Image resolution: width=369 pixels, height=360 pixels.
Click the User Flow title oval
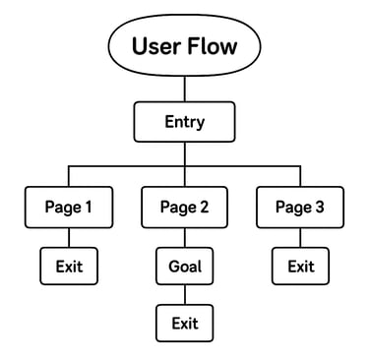coord(184,47)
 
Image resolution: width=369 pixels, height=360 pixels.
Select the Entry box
coord(184,123)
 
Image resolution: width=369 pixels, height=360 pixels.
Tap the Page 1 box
coord(69,208)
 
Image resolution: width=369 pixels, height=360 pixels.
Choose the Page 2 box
coord(184,208)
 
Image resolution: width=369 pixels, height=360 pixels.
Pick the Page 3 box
coord(300,208)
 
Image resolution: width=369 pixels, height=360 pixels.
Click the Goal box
coord(184,266)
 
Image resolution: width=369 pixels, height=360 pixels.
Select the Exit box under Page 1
coord(69,266)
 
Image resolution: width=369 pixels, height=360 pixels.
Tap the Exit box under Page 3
coord(300,266)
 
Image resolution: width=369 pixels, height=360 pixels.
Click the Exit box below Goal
coord(184,323)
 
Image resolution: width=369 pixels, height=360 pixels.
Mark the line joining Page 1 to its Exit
coord(69,237)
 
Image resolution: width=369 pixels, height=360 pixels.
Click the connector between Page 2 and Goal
coord(184,237)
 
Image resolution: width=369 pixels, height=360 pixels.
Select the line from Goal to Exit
coord(184,294)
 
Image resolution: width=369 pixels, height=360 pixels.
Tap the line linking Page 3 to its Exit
coord(300,237)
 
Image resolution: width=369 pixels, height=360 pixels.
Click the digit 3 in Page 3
coord(319,208)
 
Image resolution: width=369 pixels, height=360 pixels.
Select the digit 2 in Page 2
coord(204,208)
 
